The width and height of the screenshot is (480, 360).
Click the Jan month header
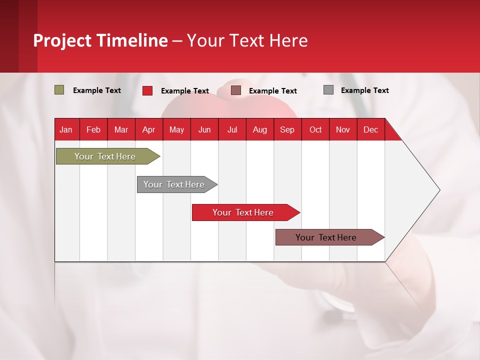coord(66,129)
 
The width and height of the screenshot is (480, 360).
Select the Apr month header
coord(148,129)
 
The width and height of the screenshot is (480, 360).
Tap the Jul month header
coord(232,129)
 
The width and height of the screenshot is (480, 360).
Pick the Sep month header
coord(287,129)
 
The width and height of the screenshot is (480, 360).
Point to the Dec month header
coord(370,129)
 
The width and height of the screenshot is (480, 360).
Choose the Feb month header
coord(93,129)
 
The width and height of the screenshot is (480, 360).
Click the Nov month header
coord(342,129)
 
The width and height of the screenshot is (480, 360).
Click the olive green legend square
coord(59,90)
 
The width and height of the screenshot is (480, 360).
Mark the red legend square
coord(147,90)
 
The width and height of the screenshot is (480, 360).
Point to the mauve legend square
coord(236,90)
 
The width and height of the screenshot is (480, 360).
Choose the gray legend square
coord(328,90)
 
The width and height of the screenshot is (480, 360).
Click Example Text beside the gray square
coord(364,90)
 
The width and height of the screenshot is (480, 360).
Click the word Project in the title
coord(62,40)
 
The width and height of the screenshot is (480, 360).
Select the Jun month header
coord(204,129)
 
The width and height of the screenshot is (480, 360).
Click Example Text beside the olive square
coord(96,90)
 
